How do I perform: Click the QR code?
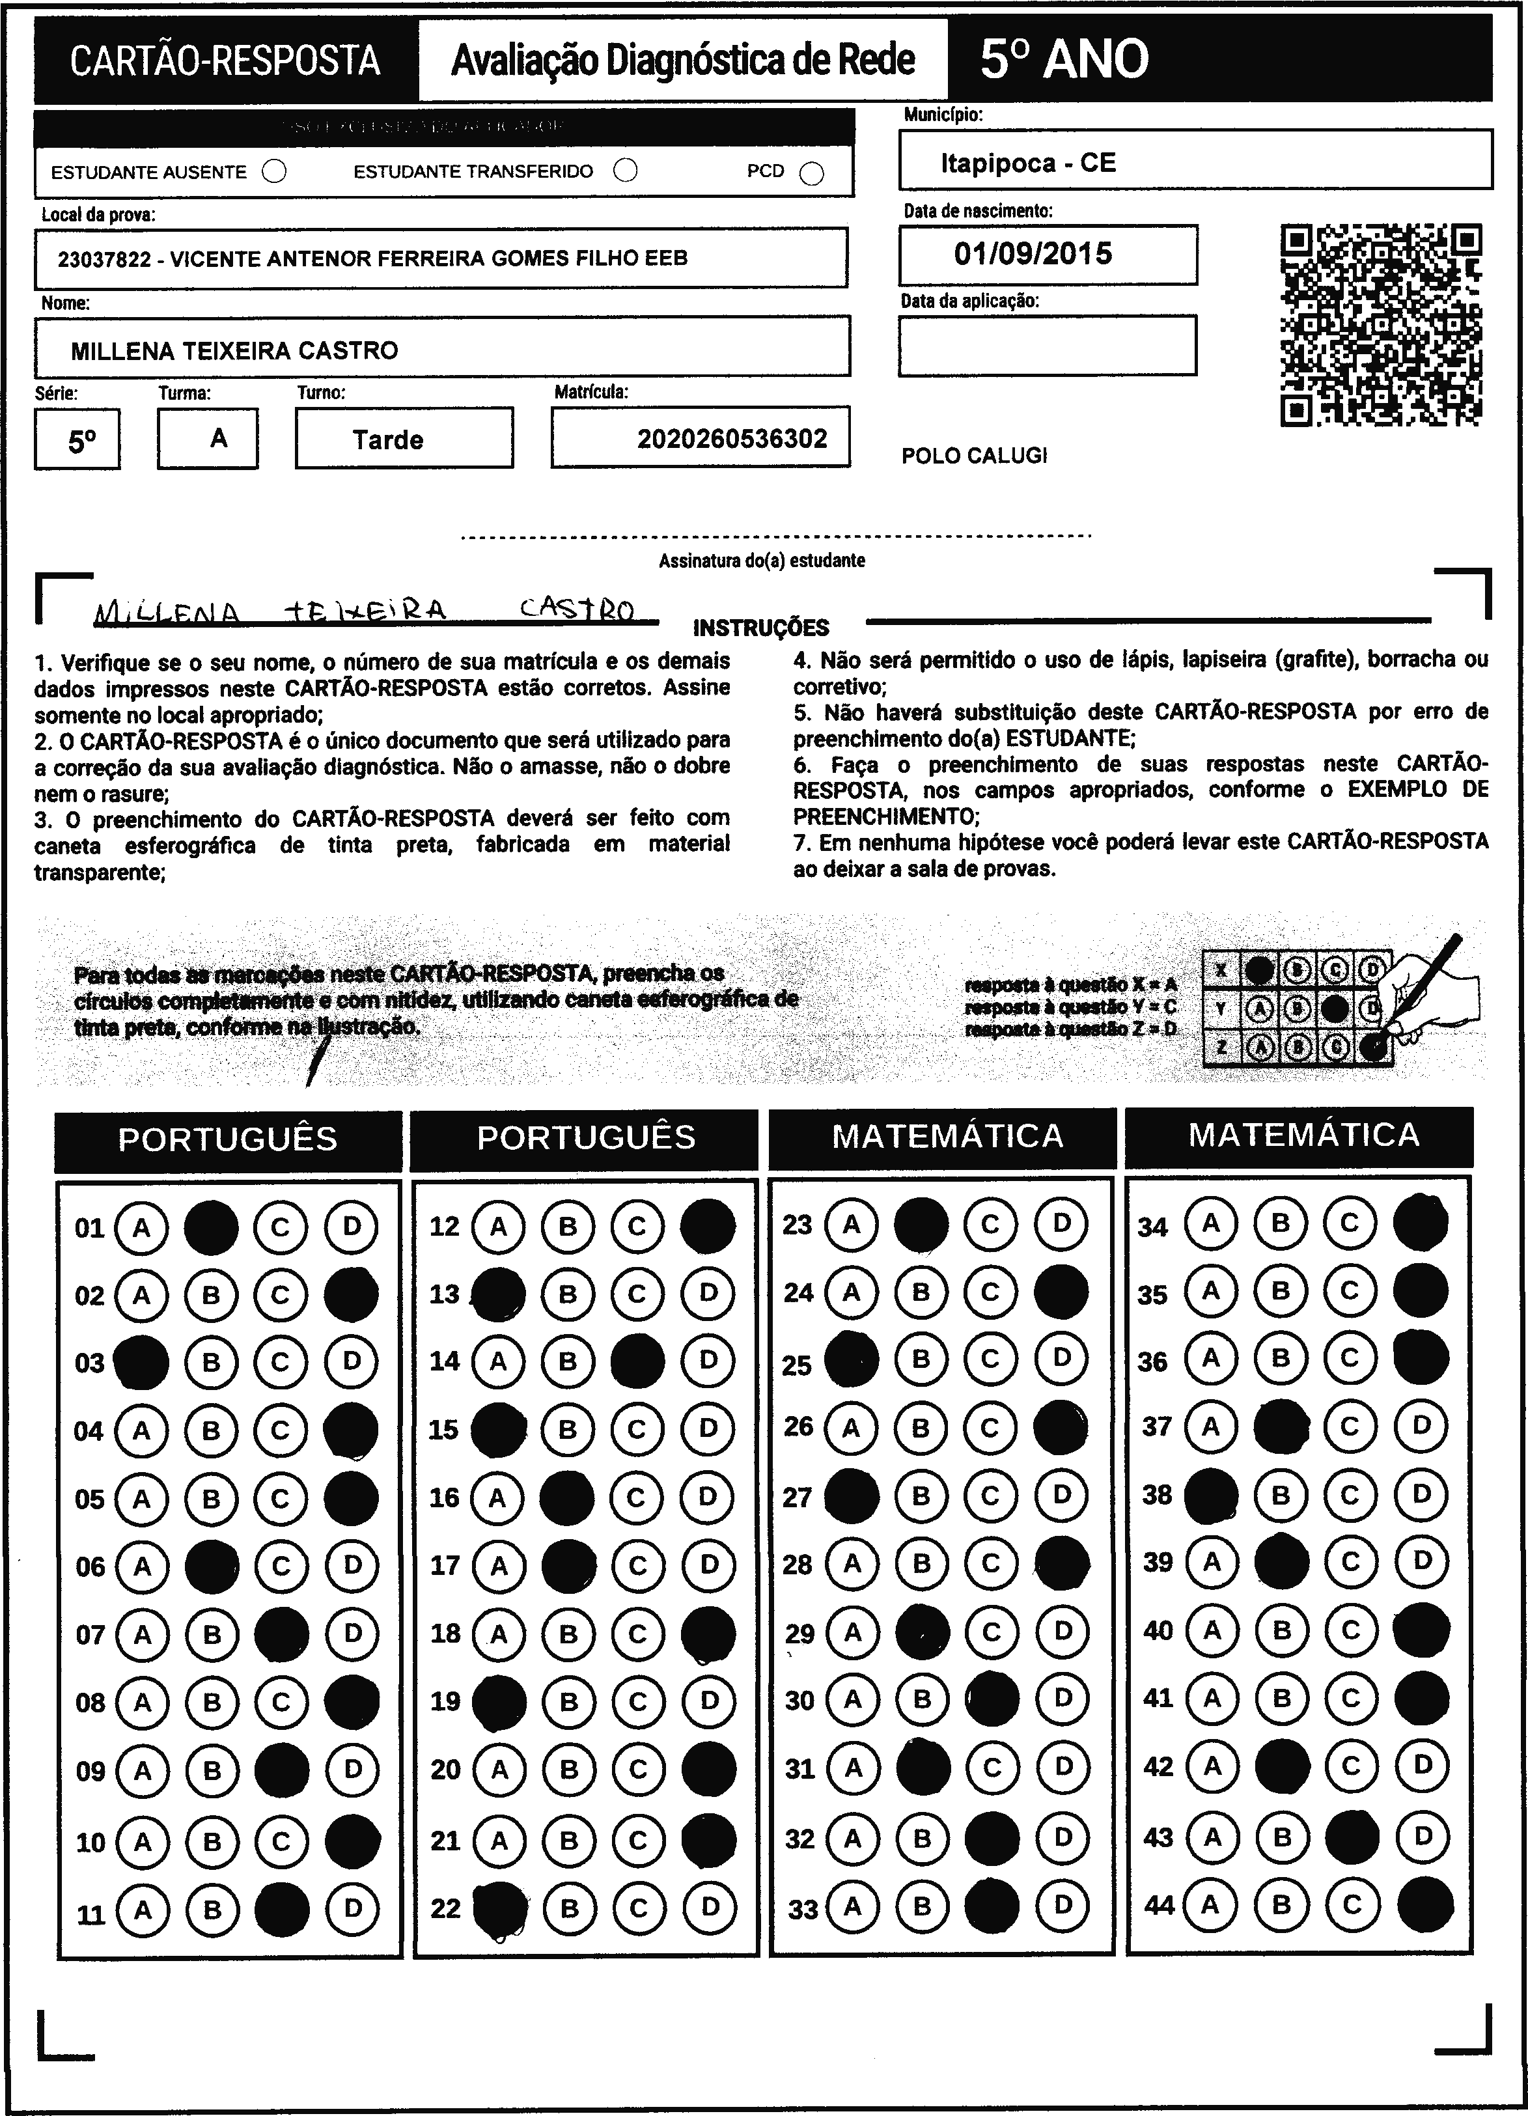click(x=1381, y=325)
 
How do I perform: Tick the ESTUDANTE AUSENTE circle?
click(x=274, y=172)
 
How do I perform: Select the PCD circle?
click(x=813, y=174)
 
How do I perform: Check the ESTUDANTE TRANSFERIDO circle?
click(x=626, y=171)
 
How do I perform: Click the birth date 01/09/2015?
click(x=1033, y=254)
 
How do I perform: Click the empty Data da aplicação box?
click(x=1047, y=345)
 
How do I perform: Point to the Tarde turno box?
click(x=403, y=439)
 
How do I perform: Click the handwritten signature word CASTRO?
click(x=577, y=610)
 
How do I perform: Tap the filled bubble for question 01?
click(x=212, y=1227)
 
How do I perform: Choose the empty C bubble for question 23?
click(x=991, y=1223)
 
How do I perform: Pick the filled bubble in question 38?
click(x=1211, y=1496)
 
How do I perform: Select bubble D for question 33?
click(x=1063, y=1904)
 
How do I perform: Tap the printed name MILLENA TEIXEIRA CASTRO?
click(x=234, y=351)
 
